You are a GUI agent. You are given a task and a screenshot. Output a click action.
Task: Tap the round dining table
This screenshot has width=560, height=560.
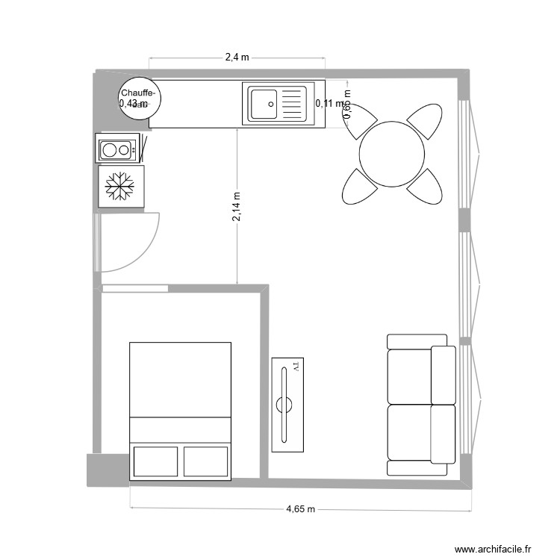pyautogui.click(x=392, y=154)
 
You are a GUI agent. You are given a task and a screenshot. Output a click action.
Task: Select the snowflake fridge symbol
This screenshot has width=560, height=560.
pyautogui.click(x=116, y=187)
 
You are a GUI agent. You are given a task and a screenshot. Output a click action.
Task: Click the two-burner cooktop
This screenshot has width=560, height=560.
pyautogui.click(x=117, y=149)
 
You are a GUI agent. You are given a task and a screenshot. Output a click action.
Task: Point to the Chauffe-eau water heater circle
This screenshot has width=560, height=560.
pyautogui.click(x=138, y=97)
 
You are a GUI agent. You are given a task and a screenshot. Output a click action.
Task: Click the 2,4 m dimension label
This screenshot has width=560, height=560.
pyautogui.click(x=237, y=57)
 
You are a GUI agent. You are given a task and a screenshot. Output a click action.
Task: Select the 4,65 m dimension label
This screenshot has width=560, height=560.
pyautogui.click(x=301, y=509)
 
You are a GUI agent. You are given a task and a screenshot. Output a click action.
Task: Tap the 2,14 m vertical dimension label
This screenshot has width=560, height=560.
pyautogui.click(x=236, y=206)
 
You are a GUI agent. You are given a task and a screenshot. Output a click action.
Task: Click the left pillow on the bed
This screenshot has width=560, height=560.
pyautogui.click(x=155, y=462)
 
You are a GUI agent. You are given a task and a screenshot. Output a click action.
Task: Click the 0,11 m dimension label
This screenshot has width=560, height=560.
pyautogui.click(x=329, y=104)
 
